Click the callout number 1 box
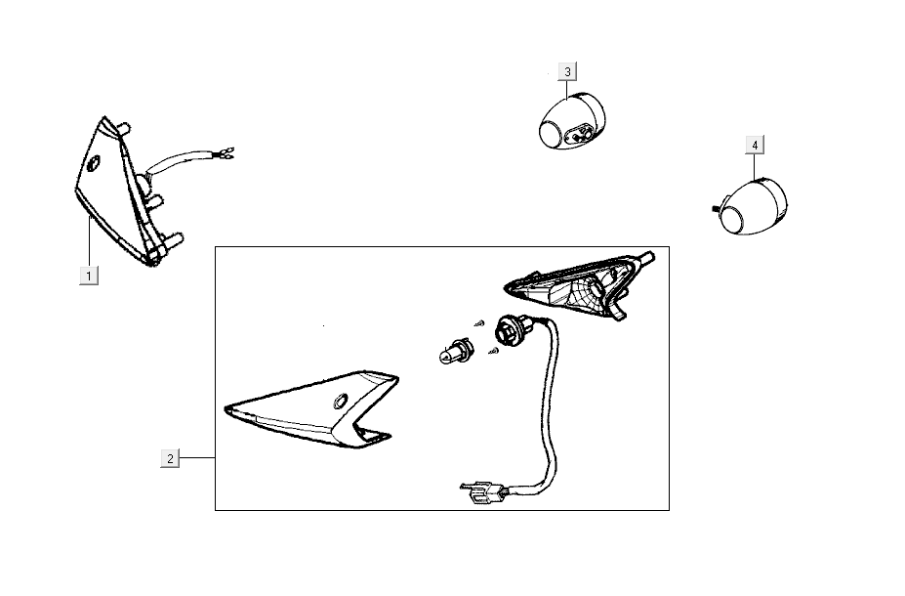tap(88, 276)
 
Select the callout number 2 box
tap(170, 458)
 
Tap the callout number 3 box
tap(567, 71)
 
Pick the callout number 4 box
tap(755, 145)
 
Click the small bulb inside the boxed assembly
tap(456, 351)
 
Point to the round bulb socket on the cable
tap(510, 331)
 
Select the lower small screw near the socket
tap(493, 350)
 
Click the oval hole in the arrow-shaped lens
tap(340, 401)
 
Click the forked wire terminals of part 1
tap(226, 153)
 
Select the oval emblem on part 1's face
tap(93, 163)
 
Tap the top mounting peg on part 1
tap(123, 128)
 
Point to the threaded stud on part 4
tap(717, 208)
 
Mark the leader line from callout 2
tap(197, 458)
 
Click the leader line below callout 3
tap(567, 90)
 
